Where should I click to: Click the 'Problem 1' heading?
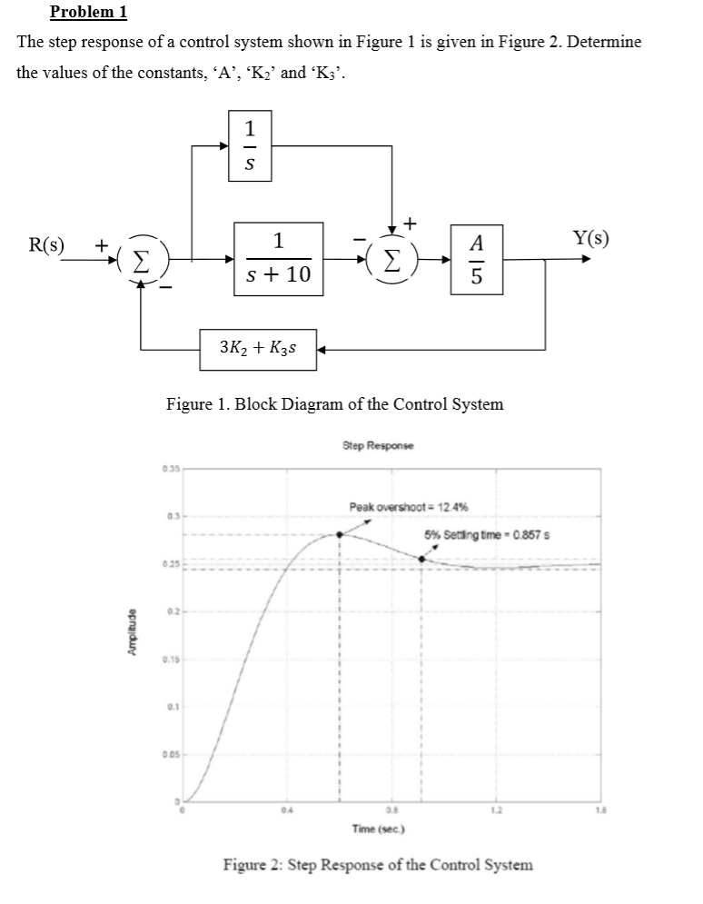pyautogui.click(x=88, y=12)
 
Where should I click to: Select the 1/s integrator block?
pyautogui.click(x=249, y=144)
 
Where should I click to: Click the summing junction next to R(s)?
pyautogui.click(x=140, y=259)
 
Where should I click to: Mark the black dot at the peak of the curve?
pyautogui.click(x=340, y=534)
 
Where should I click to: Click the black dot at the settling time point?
pyautogui.click(x=421, y=559)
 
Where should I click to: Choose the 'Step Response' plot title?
pyautogui.click(x=377, y=446)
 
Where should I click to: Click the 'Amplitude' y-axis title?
pyautogui.click(x=134, y=634)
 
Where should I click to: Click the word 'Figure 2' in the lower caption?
pyautogui.click(x=253, y=864)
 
